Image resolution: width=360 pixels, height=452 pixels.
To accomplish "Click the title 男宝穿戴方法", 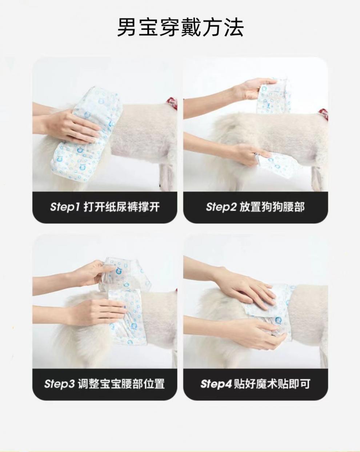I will (x=180, y=27).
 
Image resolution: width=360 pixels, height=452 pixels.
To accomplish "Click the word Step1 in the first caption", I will (x=65, y=207).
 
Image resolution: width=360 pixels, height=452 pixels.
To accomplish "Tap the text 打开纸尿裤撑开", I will (x=121, y=207).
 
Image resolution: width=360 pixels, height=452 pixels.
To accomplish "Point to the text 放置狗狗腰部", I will (x=272, y=207).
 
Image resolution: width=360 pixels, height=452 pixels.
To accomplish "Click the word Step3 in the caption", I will (x=59, y=384).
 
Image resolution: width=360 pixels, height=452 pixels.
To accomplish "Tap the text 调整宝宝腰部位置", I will (x=121, y=384).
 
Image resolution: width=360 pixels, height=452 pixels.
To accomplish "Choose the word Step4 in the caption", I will (x=216, y=384).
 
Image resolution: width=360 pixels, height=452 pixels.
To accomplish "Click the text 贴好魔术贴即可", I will (x=272, y=384).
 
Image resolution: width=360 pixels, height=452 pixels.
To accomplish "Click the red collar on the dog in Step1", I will (x=171, y=100).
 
